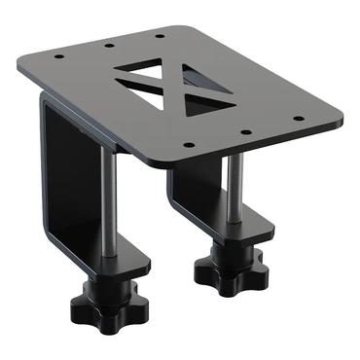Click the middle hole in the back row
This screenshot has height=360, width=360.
coord(104,45)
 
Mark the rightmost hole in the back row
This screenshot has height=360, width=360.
coord(160,35)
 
